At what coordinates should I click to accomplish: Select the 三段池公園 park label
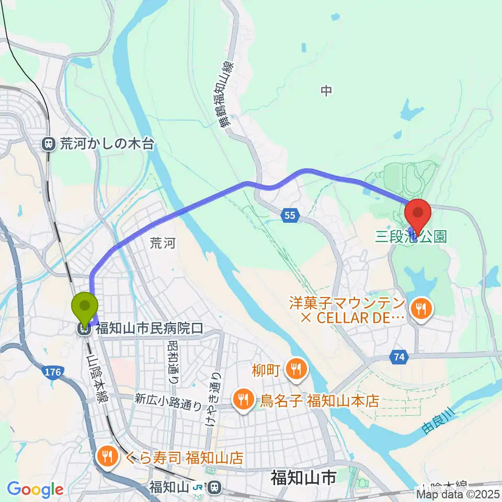411,237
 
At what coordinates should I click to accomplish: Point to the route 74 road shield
399,358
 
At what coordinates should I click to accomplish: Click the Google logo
35,489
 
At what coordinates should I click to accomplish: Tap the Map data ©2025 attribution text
458,493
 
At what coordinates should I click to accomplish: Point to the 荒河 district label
159,242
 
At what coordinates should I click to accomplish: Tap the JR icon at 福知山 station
198,487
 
